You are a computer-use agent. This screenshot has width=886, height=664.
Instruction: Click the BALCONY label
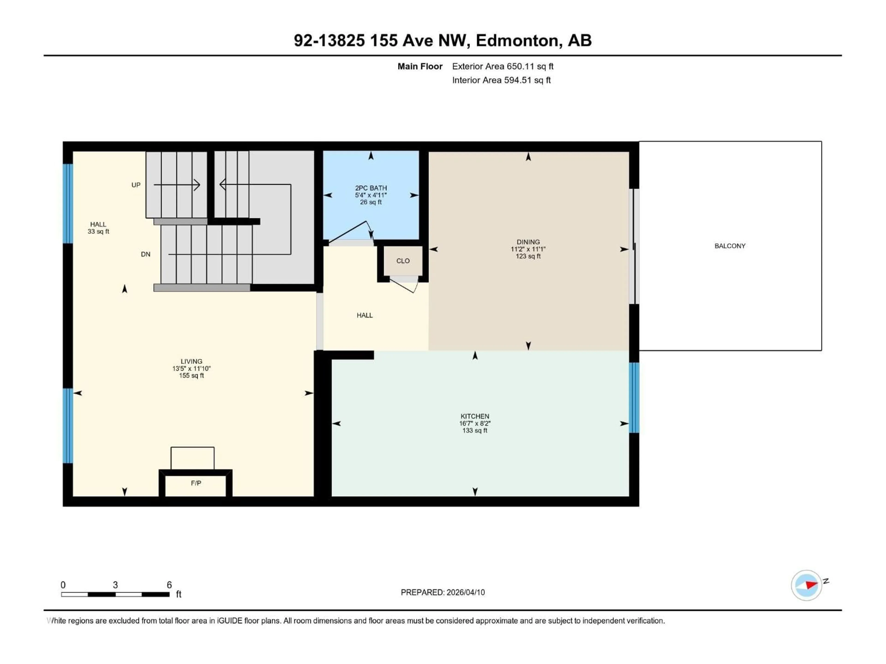point(730,246)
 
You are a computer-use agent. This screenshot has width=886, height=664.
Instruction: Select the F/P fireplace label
point(196,483)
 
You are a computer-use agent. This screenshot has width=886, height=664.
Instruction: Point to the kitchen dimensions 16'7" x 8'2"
point(475,423)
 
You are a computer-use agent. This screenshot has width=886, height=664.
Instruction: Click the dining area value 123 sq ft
point(528,256)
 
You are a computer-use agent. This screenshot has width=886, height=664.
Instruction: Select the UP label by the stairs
point(136,185)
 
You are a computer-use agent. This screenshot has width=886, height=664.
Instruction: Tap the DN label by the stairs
point(145,254)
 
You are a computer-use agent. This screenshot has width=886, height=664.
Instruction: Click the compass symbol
point(806,585)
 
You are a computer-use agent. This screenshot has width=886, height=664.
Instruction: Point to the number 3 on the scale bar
point(115,585)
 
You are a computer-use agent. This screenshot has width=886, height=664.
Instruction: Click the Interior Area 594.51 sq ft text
point(501,80)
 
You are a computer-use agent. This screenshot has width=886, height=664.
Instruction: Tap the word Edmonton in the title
point(517,40)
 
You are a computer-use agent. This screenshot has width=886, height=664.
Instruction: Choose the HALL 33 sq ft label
point(98,228)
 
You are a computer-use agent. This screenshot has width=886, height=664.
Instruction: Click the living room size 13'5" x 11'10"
point(192,368)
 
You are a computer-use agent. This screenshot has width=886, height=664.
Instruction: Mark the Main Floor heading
point(420,66)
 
